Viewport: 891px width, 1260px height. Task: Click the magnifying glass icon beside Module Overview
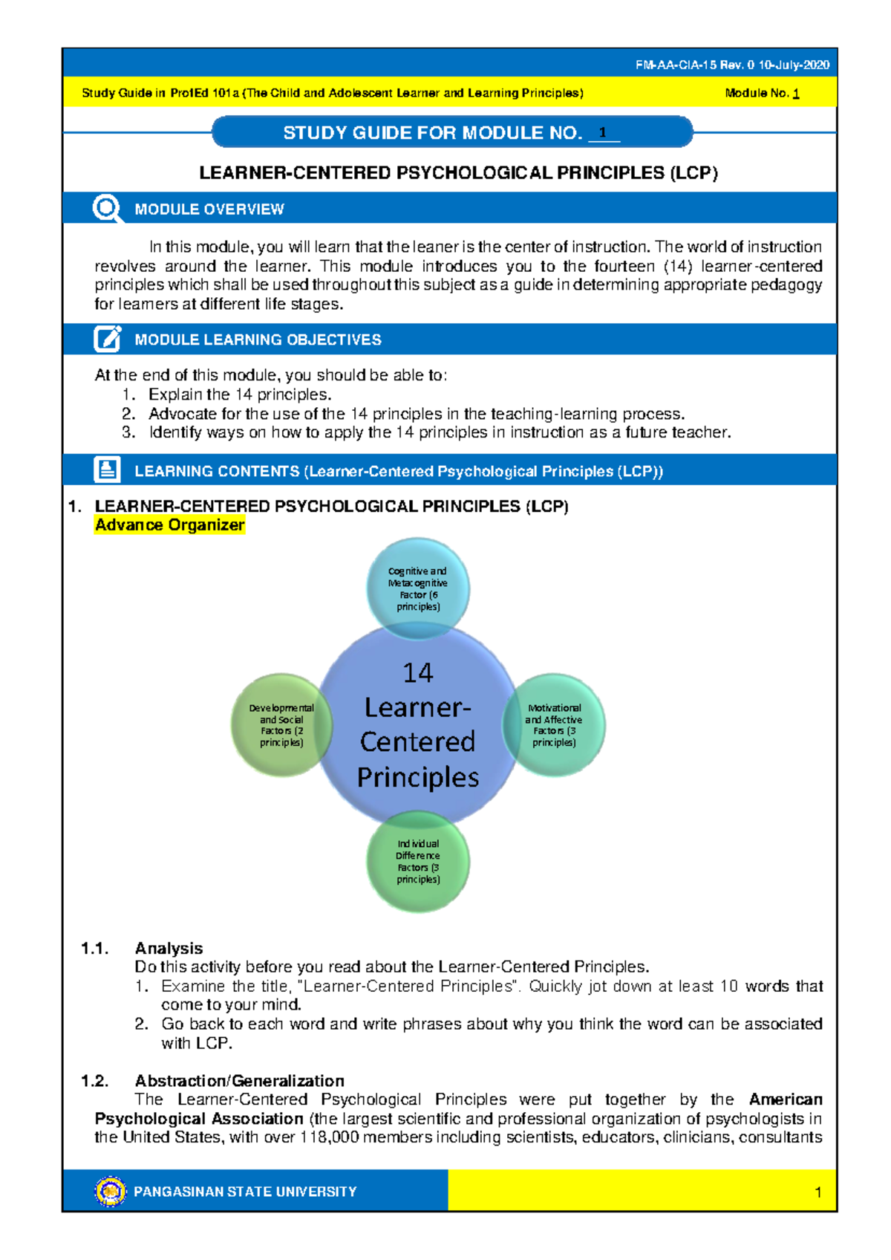pos(108,209)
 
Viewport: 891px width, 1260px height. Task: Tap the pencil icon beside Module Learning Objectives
pos(108,339)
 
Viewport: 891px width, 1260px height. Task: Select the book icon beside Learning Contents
pos(108,470)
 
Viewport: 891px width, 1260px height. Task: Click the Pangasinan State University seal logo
pos(111,1191)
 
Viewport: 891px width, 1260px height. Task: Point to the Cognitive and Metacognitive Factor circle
pos(418,588)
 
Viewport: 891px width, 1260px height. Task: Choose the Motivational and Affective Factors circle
pos(554,725)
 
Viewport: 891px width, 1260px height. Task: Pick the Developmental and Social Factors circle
pos(281,725)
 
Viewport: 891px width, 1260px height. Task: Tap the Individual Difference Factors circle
pos(418,862)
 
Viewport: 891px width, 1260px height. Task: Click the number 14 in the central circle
pos(418,673)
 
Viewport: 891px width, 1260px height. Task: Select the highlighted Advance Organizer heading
pos(170,525)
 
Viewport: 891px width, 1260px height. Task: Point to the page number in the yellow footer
pos(817,1192)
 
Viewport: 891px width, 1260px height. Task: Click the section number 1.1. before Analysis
pos(95,949)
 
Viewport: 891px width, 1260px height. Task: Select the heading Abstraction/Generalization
pos(239,1081)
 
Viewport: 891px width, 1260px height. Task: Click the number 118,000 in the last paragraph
pos(328,1137)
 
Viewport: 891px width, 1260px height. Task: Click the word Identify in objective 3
pos(174,432)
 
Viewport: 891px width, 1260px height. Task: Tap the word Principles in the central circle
pos(418,777)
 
